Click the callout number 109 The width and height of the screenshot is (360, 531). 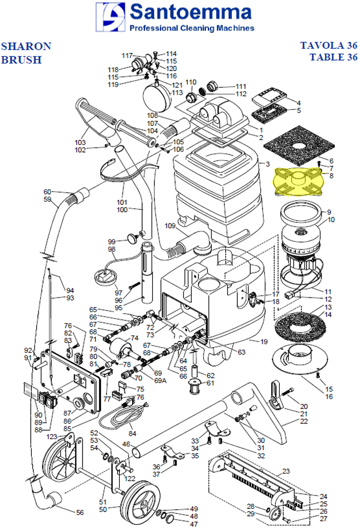coord(169,226)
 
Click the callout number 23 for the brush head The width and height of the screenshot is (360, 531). coord(286,471)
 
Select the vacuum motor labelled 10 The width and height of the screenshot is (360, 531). coord(301,245)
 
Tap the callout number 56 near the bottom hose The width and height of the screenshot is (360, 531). coord(80,512)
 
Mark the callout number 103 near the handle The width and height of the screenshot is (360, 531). coord(80,143)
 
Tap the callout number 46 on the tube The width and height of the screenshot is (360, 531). coord(126,444)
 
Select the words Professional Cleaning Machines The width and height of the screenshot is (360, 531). coord(191,28)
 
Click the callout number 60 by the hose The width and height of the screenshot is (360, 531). coord(47,192)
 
